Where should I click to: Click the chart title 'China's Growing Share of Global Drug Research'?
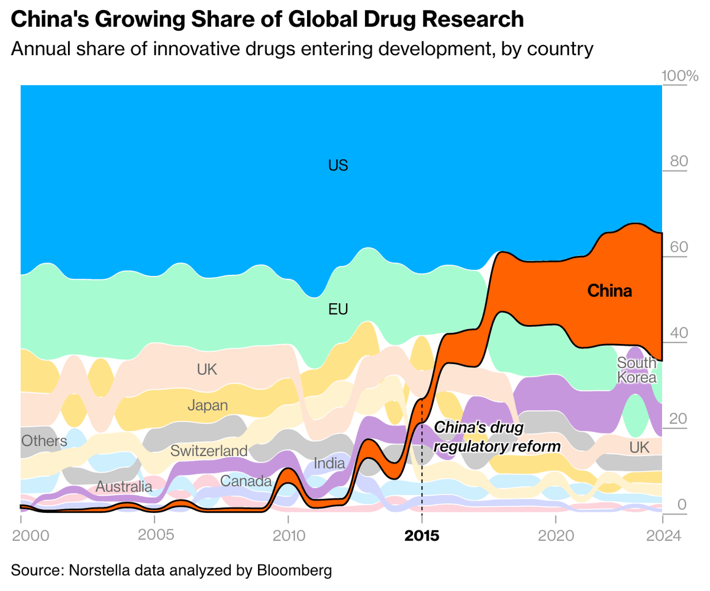pos(267,20)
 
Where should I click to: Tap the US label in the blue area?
pos(338,165)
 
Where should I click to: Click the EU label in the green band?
pos(338,309)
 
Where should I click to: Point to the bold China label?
pos(609,291)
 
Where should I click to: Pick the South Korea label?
pos(637,370)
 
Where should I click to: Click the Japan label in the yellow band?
pos(207,406)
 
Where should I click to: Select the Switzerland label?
pos(209,451)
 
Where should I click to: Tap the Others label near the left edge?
pos(44,441)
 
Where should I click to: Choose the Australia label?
pos(124,487)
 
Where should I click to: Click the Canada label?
pos(246,481)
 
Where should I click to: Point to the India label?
pos(329,463)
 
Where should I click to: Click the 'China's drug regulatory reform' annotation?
pos(497,437)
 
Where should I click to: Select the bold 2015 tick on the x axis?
pos(421,536)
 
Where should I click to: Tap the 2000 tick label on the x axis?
pos(28,536)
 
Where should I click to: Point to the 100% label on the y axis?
pos(680,76)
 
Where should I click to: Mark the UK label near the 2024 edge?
pos(639,447)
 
